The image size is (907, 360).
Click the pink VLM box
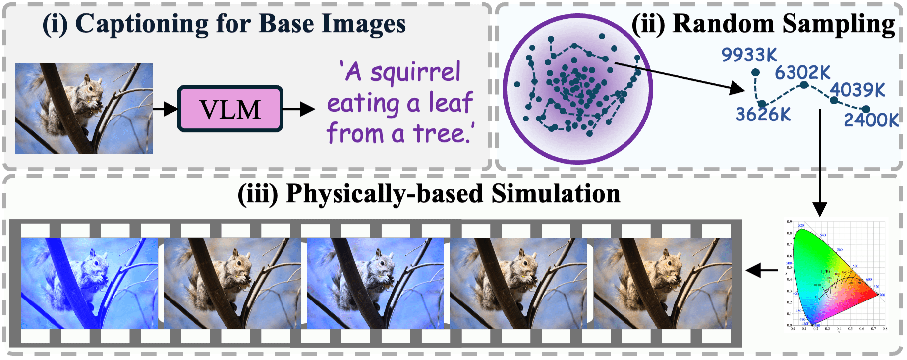point(230,109)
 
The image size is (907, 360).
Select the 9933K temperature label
point(748,55)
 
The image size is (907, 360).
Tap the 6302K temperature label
point(802,73)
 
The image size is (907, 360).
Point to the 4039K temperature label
point(857,90)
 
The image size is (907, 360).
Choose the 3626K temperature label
point(763,115)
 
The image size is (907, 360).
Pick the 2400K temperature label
point(871,120)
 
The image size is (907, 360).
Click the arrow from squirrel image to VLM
point(165,109)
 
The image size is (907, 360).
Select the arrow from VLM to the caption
point(298,109)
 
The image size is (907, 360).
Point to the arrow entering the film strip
point(762,271)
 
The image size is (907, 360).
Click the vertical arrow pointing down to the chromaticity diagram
point(820,164)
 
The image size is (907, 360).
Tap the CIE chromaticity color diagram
point(835,276)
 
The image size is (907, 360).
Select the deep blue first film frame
point(89,283)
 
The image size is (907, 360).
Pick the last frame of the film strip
point(662,283)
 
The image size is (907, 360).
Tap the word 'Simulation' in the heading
point(555,194)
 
